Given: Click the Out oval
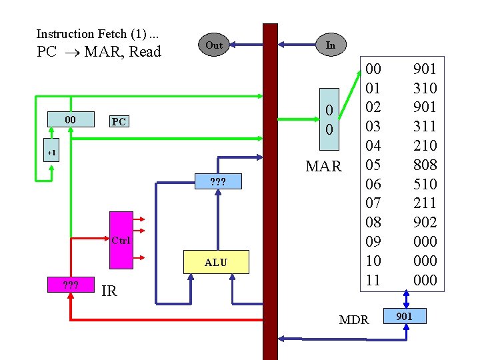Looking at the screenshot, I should click(x=214, y=45).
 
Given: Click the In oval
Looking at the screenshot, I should click(x=330, y=45).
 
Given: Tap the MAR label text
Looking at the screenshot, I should click(x=323, y=166).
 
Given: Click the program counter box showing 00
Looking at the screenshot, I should click(x=69, y=120).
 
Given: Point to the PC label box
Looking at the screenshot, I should click(x=119, y=121).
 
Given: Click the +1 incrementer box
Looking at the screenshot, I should click(x=53, y=153).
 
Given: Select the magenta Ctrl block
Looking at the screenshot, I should click(x=121, y=240).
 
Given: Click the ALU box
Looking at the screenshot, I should click(x=215, y=263).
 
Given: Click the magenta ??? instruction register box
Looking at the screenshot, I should click(x=70, y=285).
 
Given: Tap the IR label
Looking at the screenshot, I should click(x=109, y=290).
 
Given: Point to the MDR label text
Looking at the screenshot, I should click(x=353, y=320).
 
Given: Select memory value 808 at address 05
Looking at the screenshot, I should click(x=425, y=164).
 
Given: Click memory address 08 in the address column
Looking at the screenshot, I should click(x=374, y=222).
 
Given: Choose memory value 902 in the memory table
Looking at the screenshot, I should click(x=425, y=222).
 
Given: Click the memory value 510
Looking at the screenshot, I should click(x=425, y=183).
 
